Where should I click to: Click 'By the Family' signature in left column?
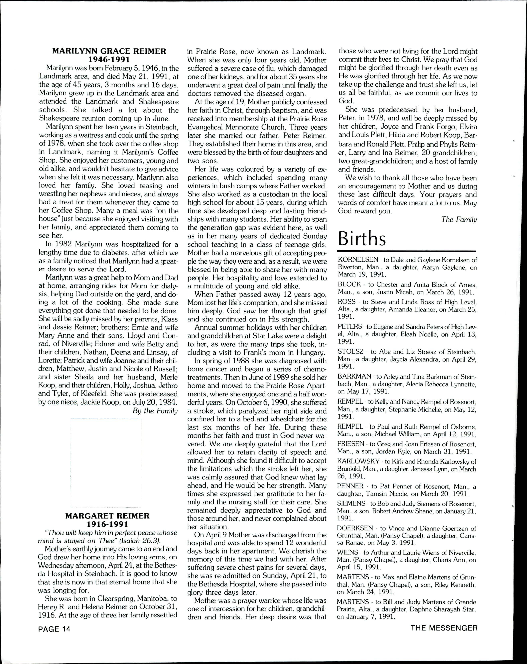(155, 411)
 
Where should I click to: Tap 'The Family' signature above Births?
(459, 219)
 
